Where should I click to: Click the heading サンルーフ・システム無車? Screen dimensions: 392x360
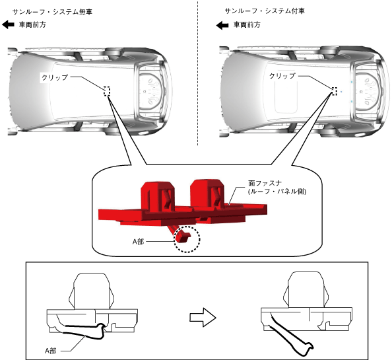(52, 12)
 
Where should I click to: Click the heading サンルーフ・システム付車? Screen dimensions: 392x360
(265, 11)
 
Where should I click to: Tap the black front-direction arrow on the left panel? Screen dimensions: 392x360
(9, 24)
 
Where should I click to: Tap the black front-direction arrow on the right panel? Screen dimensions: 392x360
(222, 25)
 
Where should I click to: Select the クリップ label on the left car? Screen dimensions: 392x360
(55, 77)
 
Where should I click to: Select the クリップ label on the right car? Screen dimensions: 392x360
(282, 76)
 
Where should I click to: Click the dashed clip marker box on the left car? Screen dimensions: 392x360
(107, 91)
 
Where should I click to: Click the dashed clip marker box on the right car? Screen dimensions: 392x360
(335, 91)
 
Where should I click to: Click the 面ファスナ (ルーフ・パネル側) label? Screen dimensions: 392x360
(277, 188)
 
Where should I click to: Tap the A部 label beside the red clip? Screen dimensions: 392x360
(138, 241)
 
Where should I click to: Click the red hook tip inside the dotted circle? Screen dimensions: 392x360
(183, 237)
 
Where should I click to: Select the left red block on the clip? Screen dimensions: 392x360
(158, 195)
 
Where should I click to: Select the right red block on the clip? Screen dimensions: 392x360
(207, 193)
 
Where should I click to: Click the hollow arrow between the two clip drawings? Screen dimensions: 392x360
(203, 317)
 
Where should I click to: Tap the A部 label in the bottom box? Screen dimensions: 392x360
(51, 351)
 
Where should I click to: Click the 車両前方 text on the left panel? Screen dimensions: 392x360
(32, 24)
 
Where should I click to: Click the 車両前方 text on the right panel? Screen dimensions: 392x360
(247, 24)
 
